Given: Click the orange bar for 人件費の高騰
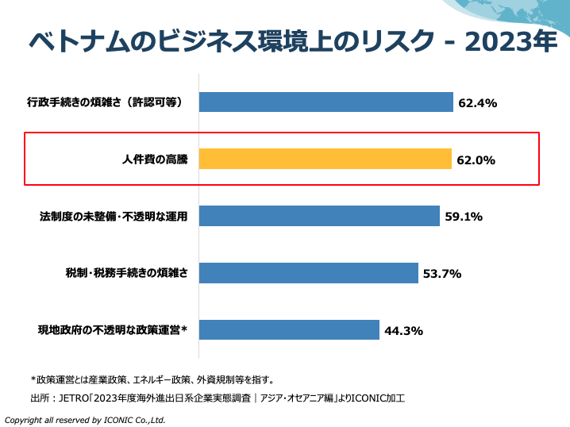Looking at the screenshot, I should (x=325, y=159).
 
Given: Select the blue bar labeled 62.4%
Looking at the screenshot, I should (x=325, y=102).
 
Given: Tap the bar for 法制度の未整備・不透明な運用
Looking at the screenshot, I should (x=319, y=216).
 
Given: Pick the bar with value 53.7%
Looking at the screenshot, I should (x=308, y=273).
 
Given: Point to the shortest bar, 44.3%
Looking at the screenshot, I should (x=289, y=330).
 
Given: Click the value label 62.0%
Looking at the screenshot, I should (x=476, y=160).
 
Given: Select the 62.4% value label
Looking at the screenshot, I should (x=478, y=102).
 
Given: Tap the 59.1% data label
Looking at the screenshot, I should (x=464, y=217).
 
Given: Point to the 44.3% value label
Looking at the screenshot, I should (x=403, y=331).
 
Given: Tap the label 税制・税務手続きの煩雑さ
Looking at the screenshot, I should (x=126, y=274).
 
